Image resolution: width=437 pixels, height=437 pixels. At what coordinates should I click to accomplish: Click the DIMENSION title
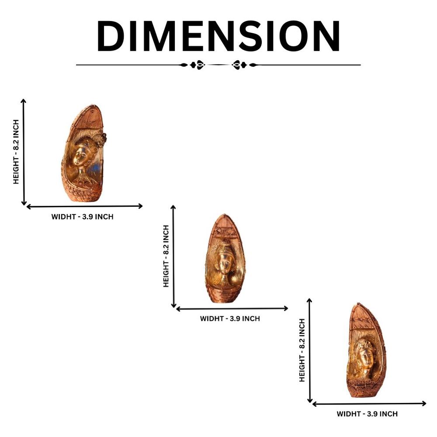(218, 36)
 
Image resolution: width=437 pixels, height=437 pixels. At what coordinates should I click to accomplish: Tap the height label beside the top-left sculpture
(16, 152)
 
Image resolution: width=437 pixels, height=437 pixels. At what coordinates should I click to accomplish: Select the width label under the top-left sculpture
(83, 217)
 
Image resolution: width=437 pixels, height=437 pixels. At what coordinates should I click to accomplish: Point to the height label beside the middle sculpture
(166, 256)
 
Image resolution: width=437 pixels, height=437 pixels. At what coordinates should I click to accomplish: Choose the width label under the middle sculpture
(230, 319)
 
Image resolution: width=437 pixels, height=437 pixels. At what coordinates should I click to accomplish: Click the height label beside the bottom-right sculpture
(302, 350)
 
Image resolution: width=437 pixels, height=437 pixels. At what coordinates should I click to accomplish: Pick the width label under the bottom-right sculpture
(367, 414)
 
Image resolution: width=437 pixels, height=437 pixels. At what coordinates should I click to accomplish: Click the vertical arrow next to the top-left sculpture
(24, 152)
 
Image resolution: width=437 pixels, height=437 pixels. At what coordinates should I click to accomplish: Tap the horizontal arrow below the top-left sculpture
(84, 206)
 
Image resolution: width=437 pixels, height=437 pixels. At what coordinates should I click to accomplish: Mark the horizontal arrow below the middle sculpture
(232, 309)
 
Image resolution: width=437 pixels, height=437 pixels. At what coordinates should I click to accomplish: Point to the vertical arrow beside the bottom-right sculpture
(309, 350)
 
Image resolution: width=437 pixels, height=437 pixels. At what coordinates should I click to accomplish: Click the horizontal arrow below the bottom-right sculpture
(369, 403)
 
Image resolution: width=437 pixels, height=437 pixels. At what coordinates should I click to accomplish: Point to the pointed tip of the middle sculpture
(224, 215)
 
